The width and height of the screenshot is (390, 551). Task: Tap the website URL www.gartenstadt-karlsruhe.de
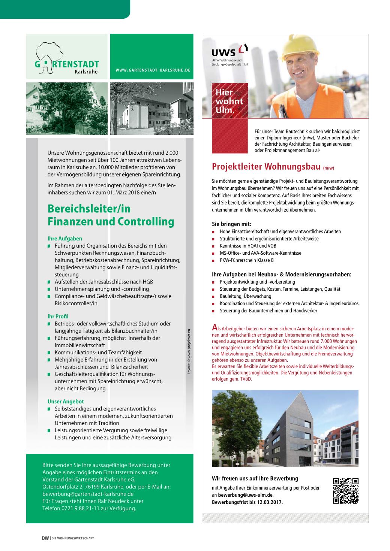[x=153, y=70]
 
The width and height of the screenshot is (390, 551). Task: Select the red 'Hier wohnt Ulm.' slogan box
[x=229, y=101]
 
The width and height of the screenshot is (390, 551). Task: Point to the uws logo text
[x=224, y=52]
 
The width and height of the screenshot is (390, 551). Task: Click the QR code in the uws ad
[x=345, y=491]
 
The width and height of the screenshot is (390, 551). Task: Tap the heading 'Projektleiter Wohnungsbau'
[x=266, y=166]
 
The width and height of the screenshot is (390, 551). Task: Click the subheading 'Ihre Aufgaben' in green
[x=64, y=239]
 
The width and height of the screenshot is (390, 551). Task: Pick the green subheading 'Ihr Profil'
[x=58, y=317]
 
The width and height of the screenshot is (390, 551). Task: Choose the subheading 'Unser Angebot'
[x=66, y=402]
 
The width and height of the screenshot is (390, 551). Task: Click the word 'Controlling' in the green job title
[x=146, y=222]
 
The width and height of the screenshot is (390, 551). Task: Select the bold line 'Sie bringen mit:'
[x=231, y=224]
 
